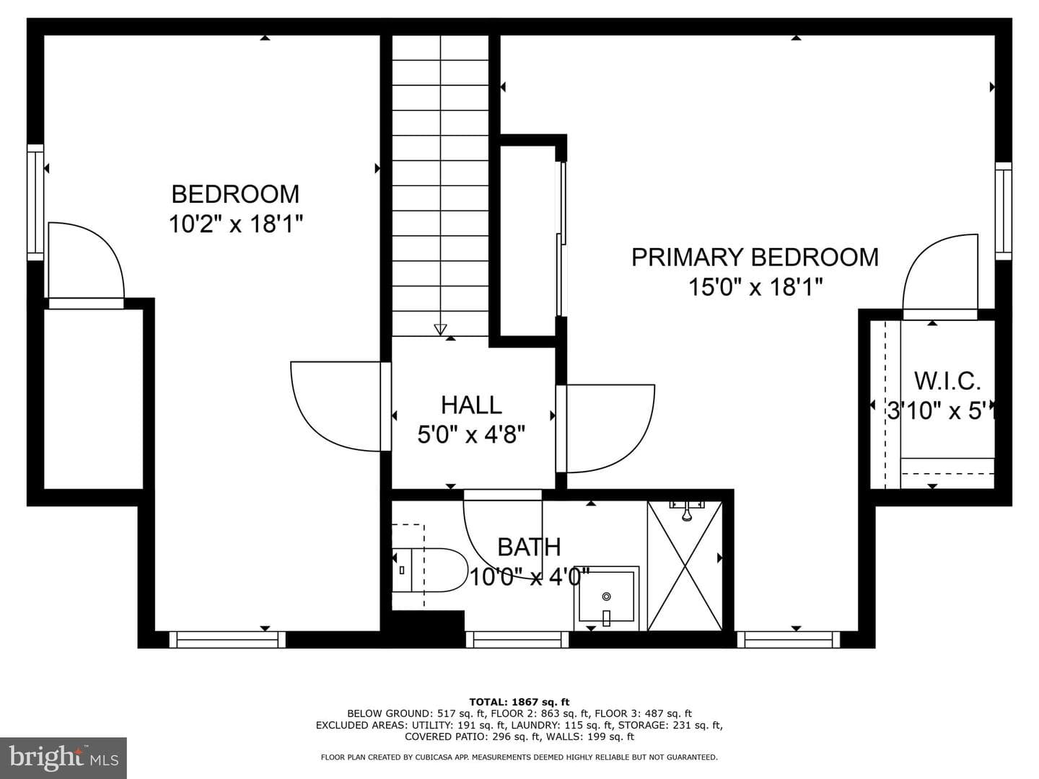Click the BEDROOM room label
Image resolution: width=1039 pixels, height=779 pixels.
point(235,194)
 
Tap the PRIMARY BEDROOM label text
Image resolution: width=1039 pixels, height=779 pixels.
point(755,258)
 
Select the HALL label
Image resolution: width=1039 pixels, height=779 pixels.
point(471,405)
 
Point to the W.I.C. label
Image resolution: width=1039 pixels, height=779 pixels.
point(947,382)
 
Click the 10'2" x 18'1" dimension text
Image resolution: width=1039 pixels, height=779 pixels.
point(235,224)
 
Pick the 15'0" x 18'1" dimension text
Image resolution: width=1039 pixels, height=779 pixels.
point(755,286)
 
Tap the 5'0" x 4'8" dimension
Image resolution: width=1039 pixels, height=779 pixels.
point(471,434)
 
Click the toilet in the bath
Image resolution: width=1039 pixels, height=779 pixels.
point(424,570)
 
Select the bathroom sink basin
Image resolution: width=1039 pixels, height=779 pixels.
point(606,599)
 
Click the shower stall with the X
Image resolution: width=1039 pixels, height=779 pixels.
point(685,566)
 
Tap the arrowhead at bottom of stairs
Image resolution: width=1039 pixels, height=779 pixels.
point(440,329)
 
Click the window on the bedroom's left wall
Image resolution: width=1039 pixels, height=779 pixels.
point(35,202)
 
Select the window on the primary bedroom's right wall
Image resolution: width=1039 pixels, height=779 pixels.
point(1004,211)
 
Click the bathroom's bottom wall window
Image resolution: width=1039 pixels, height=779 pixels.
point(517,640)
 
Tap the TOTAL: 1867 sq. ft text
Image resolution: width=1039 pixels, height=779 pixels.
point(519,702)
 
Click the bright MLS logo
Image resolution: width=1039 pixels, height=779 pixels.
point(63,757)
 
